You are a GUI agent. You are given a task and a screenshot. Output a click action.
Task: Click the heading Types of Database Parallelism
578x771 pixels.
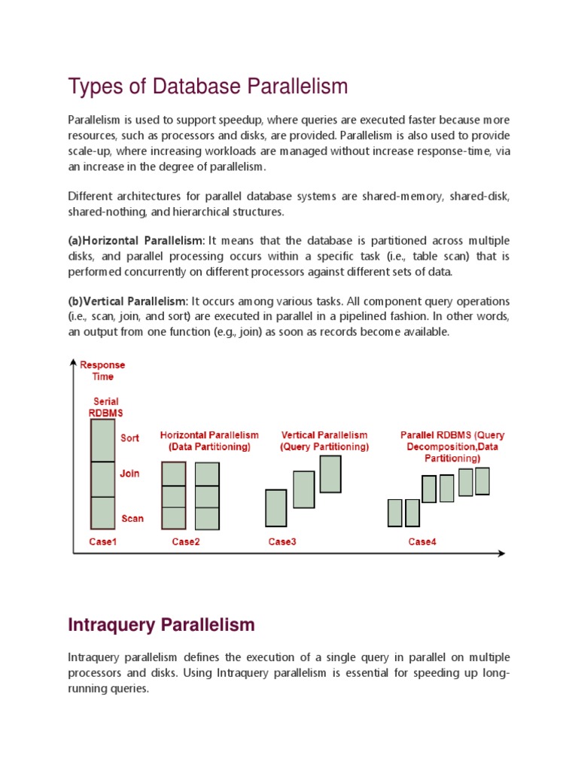pyautogui.click(x=208, y=87)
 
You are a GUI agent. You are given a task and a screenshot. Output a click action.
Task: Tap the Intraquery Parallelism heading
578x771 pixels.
pyautogui.click(x=161, y=624)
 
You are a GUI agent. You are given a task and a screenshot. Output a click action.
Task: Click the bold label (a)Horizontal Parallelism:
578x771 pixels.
pyautogui.click(x=136, y=239)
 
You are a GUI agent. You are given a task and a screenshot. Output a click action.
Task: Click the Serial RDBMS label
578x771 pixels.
pyautogui.click(x=105, y=407)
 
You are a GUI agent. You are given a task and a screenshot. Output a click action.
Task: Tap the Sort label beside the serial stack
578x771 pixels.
pyautogui.click(x=130, y=438)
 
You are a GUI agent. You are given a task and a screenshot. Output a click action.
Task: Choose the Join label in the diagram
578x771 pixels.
pyautogui.click(x=129, y=474)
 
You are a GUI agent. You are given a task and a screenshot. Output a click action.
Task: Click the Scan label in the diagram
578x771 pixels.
pyautogui.click(x=132, y=518)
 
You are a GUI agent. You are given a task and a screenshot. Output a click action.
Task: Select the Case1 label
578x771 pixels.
pyautogui.click(x=102, y=541)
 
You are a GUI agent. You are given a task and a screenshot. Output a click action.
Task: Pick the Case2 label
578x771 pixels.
pyautogui.click(x=186, y=541)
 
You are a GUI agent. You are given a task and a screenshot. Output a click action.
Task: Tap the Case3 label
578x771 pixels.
pyautogui.click(x=282, y=541)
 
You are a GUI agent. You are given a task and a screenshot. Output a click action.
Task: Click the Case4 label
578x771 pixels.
pyautogui.click(x=421, y=541)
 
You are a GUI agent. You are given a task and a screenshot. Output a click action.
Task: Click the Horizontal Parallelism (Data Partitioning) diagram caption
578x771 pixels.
pyautogui.click(x=208, y=440)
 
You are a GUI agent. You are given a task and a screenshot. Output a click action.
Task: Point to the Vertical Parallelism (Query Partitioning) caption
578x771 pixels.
pyautogui.click(x=324, y=440)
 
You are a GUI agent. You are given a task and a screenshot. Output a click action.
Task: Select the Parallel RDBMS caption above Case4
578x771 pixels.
pyautogui.click(x=452, y=446)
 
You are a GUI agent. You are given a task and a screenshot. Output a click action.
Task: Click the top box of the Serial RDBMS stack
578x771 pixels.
pyautogui.click(x=103, y=440)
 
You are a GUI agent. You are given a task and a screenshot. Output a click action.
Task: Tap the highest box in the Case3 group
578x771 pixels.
pyautogui.click(x=330, y=474)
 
